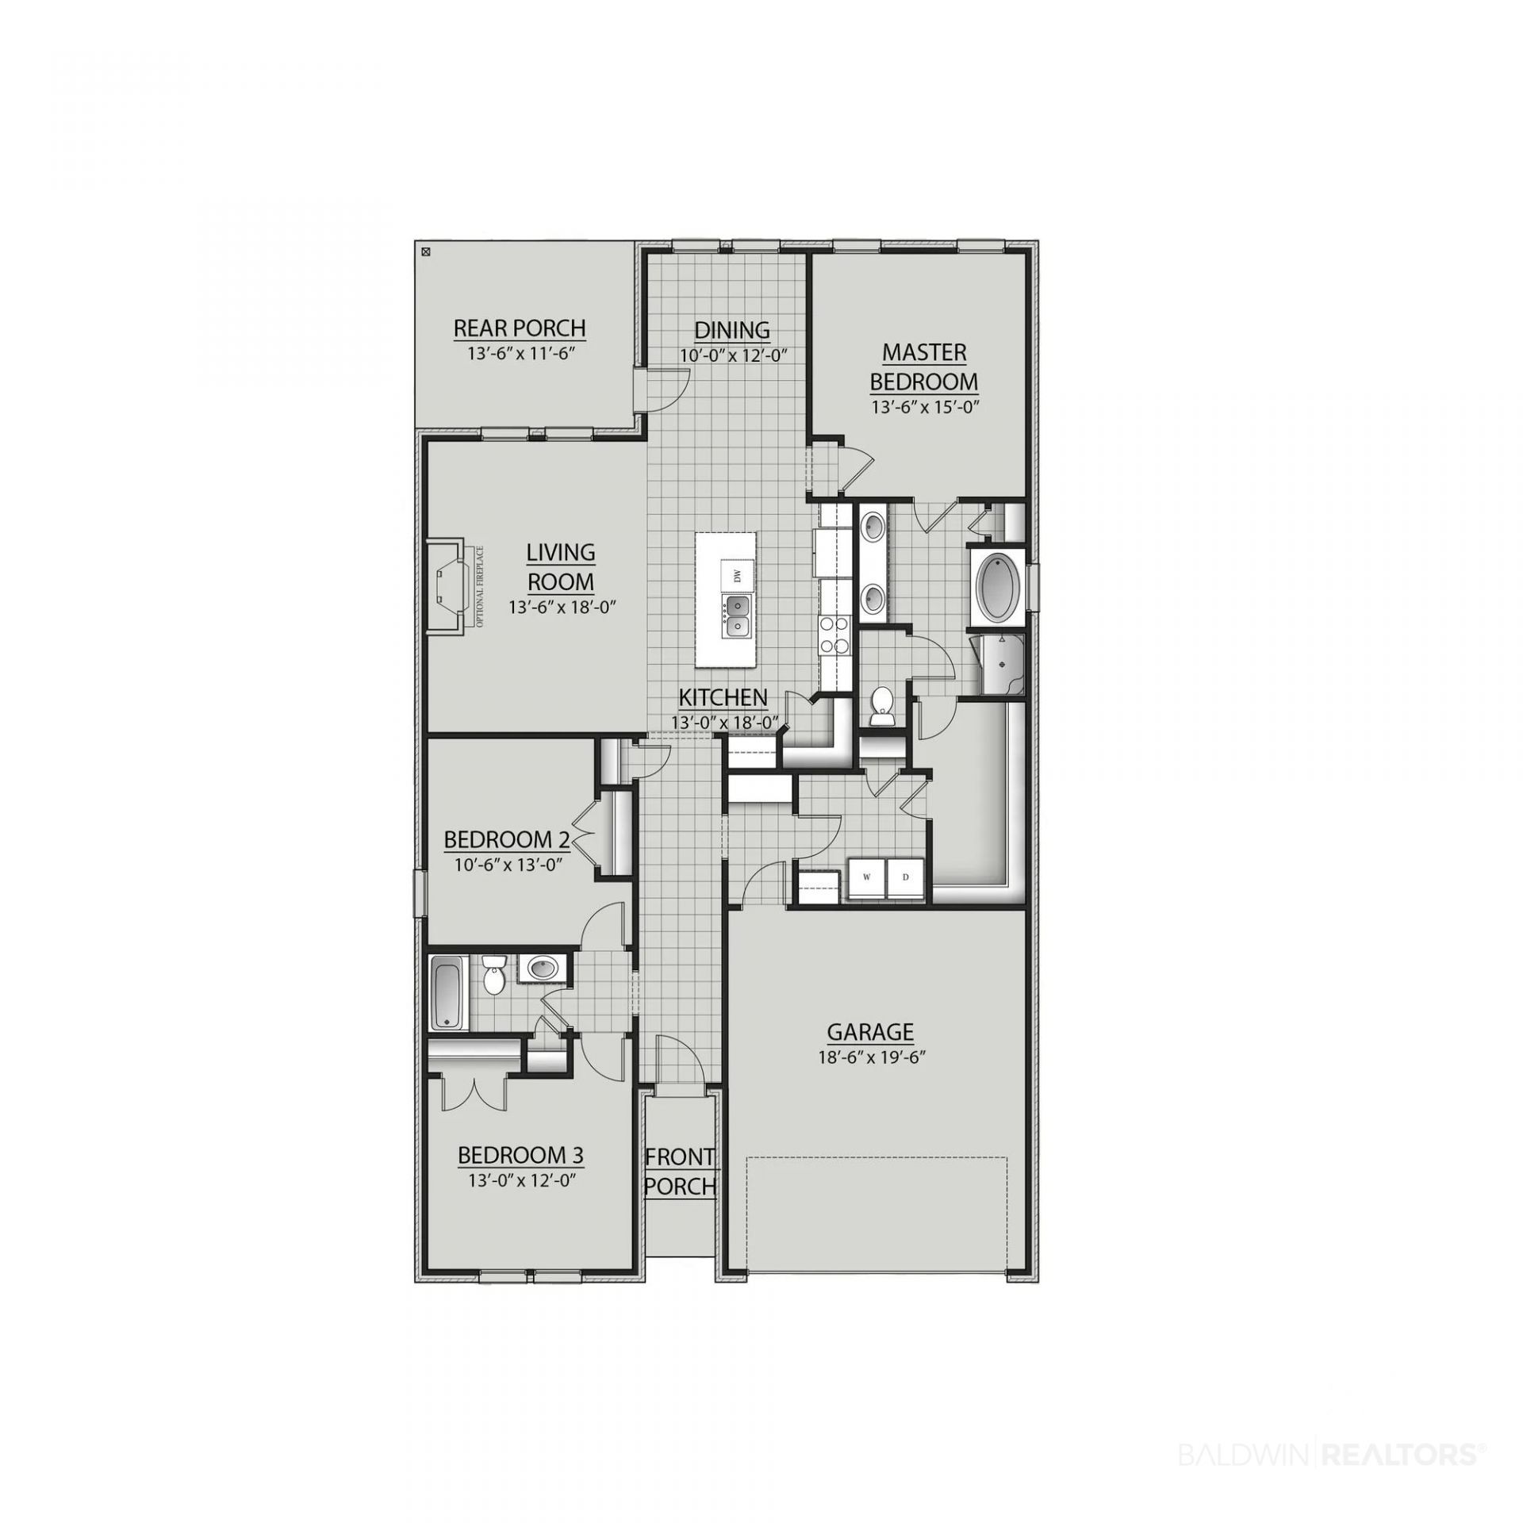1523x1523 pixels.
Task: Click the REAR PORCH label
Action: [519, 328]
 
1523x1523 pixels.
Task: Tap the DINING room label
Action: [731, 329]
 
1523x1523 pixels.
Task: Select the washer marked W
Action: [866, 878]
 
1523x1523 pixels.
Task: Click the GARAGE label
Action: [870, 1032]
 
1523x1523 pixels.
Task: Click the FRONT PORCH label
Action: [681, 1171]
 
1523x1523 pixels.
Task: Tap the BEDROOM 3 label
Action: [520, 1155]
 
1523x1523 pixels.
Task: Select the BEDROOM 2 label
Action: [507, 839]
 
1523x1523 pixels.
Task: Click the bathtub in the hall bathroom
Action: [449, 993]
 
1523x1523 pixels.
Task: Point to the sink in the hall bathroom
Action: [543, 967]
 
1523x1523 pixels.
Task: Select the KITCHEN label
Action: [723, 697]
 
